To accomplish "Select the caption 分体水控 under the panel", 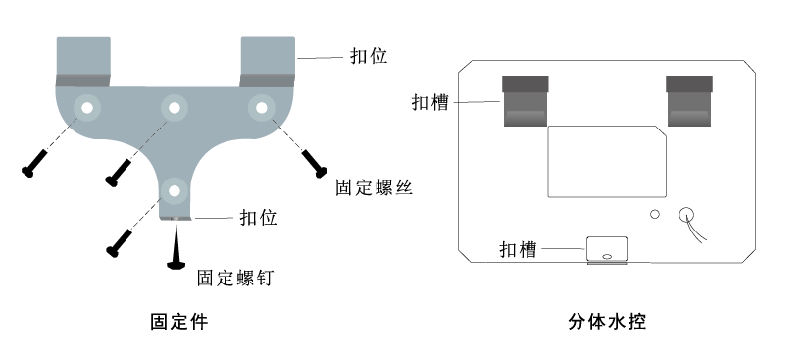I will coord(607,322).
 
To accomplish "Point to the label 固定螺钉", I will coord(234,278).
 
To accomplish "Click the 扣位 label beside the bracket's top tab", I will coord(369,56).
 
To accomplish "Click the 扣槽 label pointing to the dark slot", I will coord(430,102).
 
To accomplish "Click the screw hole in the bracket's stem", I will coord(175,189).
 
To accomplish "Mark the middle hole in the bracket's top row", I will coord(175,106).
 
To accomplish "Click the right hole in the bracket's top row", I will coord(261,106).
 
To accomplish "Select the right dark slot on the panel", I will coord(688,101).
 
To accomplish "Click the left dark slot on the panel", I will coord(525,101).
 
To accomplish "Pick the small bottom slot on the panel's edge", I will coord(607,250).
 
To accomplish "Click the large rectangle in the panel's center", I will coord(607,158).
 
